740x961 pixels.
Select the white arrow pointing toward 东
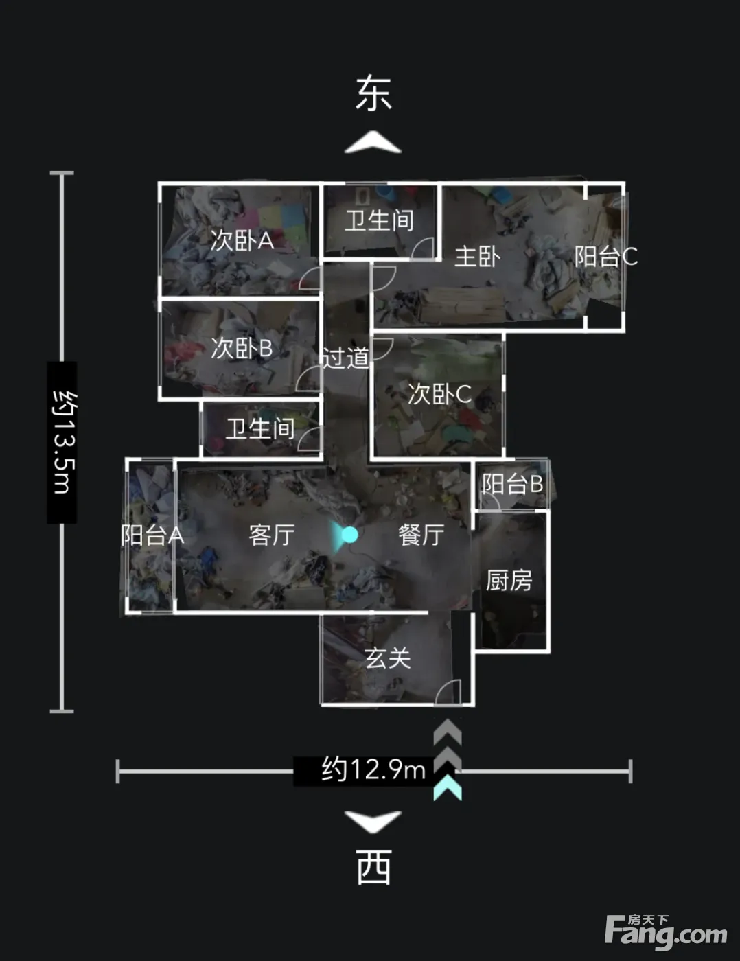(373, 142)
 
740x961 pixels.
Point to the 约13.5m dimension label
(62, 442)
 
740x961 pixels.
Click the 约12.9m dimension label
(373, 770)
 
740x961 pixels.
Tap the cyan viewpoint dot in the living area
(349, 535)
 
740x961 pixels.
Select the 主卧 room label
(477, 257)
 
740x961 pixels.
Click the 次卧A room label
(242, 241)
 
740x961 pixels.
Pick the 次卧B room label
(242, 348)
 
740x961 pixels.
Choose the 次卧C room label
(439, 394)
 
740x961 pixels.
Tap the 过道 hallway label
(346, 358)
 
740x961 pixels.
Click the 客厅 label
(272, 535)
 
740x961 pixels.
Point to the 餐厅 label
(421, 535)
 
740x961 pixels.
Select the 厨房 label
(509, 580)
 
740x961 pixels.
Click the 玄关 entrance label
(388, 658)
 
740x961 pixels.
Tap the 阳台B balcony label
(512, 484)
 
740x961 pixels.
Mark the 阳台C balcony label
(606, 257)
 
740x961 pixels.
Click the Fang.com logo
(666, 932)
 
